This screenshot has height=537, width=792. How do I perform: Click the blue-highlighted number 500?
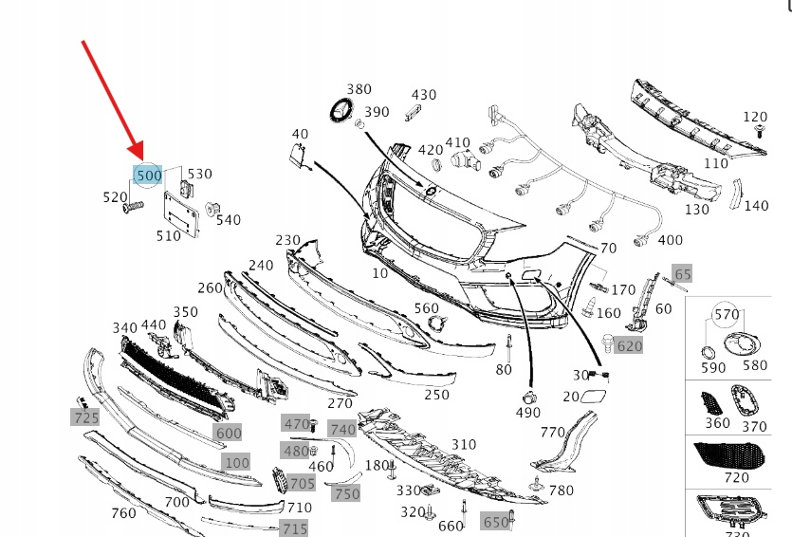(x=149, y=176)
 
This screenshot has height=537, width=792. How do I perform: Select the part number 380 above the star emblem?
(x=359, y=90)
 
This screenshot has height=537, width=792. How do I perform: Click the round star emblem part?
(x=341, y=110)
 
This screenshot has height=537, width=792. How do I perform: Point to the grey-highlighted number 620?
(x=629, y=346)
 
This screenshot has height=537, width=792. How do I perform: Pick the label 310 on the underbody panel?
(x=463, y=444)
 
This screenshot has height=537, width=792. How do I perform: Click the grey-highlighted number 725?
(x=86, y=417)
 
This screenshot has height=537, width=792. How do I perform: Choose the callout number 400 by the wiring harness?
(x=669, y=241)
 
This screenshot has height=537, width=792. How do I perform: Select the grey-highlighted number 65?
(x=683, y=274)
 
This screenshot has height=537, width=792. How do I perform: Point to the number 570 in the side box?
(x=727, y=314)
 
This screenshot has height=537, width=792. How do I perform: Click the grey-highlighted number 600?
(x=229, y=434)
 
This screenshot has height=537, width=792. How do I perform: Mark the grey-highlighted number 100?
(x=236, y=463)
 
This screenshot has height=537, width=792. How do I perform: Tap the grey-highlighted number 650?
(x=496, y=522)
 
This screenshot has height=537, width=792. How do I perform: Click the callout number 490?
(x=529, y=414)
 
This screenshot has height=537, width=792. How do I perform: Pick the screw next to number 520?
(x=134, y=207)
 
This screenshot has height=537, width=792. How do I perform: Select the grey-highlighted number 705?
(x=302, y=484)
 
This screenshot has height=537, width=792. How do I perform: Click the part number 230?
(x=287, y=241)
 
